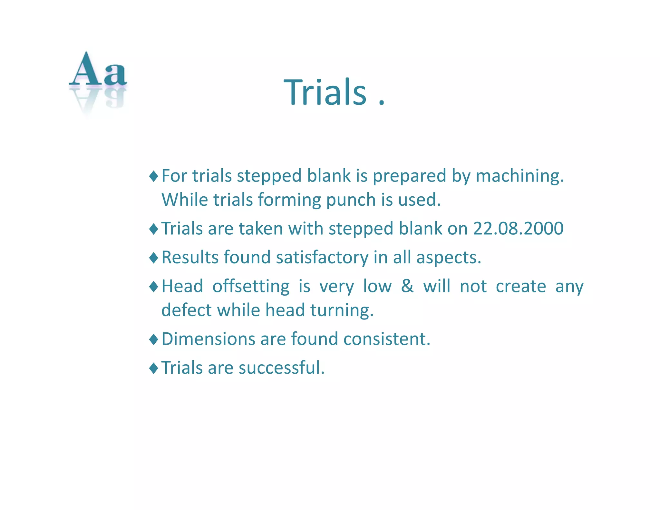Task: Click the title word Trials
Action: (325, 93)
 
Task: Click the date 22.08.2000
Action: (518, 229)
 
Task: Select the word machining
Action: (519, 176)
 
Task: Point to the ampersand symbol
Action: (407, 286)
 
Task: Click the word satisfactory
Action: (322, 258)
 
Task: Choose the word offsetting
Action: (251, 286)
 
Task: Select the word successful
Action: (281, 368)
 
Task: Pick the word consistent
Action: (387, 339)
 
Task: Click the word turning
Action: (342, 310)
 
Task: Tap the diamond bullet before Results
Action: (154, 258)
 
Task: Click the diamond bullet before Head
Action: (154, 286)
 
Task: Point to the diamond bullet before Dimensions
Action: (154, 339)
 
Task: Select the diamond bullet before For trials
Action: (154, 176)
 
